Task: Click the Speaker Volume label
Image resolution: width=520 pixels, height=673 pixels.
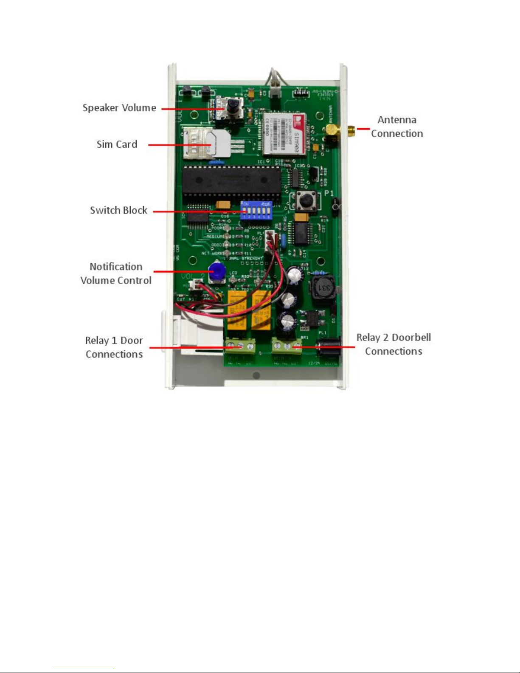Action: pos(119,108)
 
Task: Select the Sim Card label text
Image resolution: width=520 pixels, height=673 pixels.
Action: pos(117,144)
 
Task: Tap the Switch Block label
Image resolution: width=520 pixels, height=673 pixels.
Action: pos(118,211)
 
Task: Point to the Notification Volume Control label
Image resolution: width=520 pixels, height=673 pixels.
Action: pos(116,273)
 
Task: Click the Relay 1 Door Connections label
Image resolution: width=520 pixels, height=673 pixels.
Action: pos(114,347)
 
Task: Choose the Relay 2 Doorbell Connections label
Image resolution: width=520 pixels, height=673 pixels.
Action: pos(394,344)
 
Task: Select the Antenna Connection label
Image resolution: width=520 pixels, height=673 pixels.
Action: pos(397,127)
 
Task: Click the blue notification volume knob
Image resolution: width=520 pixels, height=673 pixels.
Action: pos(217,270)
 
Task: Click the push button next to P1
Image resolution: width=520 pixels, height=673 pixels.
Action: pos(304,201)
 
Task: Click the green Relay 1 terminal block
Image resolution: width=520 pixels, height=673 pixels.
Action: pos(240,346)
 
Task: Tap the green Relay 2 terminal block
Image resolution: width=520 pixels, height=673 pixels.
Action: pos(287,346)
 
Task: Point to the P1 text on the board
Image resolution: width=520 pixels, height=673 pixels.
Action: pos(329,194)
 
